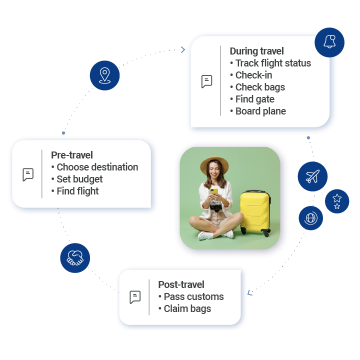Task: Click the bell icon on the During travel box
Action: (x=327, y=42)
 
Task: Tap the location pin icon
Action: (x=104, y=75)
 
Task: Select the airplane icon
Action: (x=313, y=177)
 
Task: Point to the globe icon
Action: (x=311, y=217)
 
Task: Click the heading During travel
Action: (x=257, y=51)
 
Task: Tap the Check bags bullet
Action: (x=261, y=87)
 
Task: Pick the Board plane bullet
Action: (x=263, y=111)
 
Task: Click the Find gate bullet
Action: (x=258, y=99)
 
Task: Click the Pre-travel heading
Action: (x=73, y=155)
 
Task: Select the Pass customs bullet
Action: (x=194, y=296)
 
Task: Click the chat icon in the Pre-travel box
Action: (x=28, y=174)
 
